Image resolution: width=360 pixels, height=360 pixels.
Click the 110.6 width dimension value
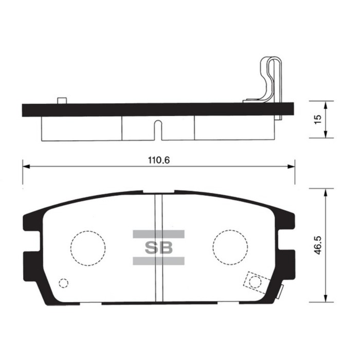(x=159, y=160)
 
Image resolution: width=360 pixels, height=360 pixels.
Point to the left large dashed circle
(x=88, y=247)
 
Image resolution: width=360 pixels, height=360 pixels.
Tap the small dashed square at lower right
(x=255, y=281)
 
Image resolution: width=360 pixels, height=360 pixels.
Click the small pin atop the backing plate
(x=62, y=100)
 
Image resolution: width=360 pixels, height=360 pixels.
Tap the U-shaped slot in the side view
(x=159, y=131)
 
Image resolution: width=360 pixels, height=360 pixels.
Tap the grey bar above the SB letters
(x=158, y=234)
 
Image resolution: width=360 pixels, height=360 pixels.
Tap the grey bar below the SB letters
(x=158, y=261)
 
